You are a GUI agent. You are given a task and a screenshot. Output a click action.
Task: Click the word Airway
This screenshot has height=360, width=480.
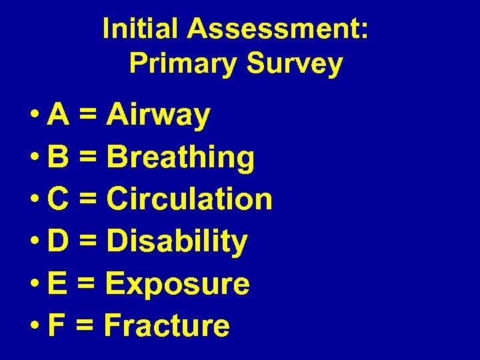click(x=159, y=116)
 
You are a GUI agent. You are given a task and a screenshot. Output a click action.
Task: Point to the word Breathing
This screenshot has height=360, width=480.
click(x=181, y=158)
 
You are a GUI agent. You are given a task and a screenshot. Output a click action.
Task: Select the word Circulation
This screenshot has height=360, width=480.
click(x=189, y=199)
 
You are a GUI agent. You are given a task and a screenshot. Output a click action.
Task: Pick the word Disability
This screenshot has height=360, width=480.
click(x=177, y=242)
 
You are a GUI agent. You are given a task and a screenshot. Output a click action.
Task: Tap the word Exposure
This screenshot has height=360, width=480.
click(x=177, y=284)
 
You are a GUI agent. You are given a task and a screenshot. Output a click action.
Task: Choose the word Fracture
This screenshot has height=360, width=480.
click(x=167, y=326)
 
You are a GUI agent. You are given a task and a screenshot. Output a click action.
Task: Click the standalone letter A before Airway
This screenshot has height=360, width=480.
click(x=57, y=115)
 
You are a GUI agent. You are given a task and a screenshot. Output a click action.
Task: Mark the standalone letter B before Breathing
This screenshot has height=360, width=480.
click(x=57, y=158)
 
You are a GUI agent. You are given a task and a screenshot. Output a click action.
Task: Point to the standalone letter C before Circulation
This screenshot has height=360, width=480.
click(x=57, y=199)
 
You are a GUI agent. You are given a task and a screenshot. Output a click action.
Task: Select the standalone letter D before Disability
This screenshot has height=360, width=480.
click(x=57, y=241)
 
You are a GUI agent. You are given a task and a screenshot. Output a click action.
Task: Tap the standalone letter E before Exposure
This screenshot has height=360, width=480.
click(x=57, y=284)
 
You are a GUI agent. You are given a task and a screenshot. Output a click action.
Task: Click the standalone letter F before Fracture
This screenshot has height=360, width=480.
click(x=56, y=326)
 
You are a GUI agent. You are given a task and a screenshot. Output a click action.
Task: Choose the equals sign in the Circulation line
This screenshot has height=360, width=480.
click(x=87, y=200)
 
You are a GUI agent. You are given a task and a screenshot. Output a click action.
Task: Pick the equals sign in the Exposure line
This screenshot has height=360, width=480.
click(x=85, y=285)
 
